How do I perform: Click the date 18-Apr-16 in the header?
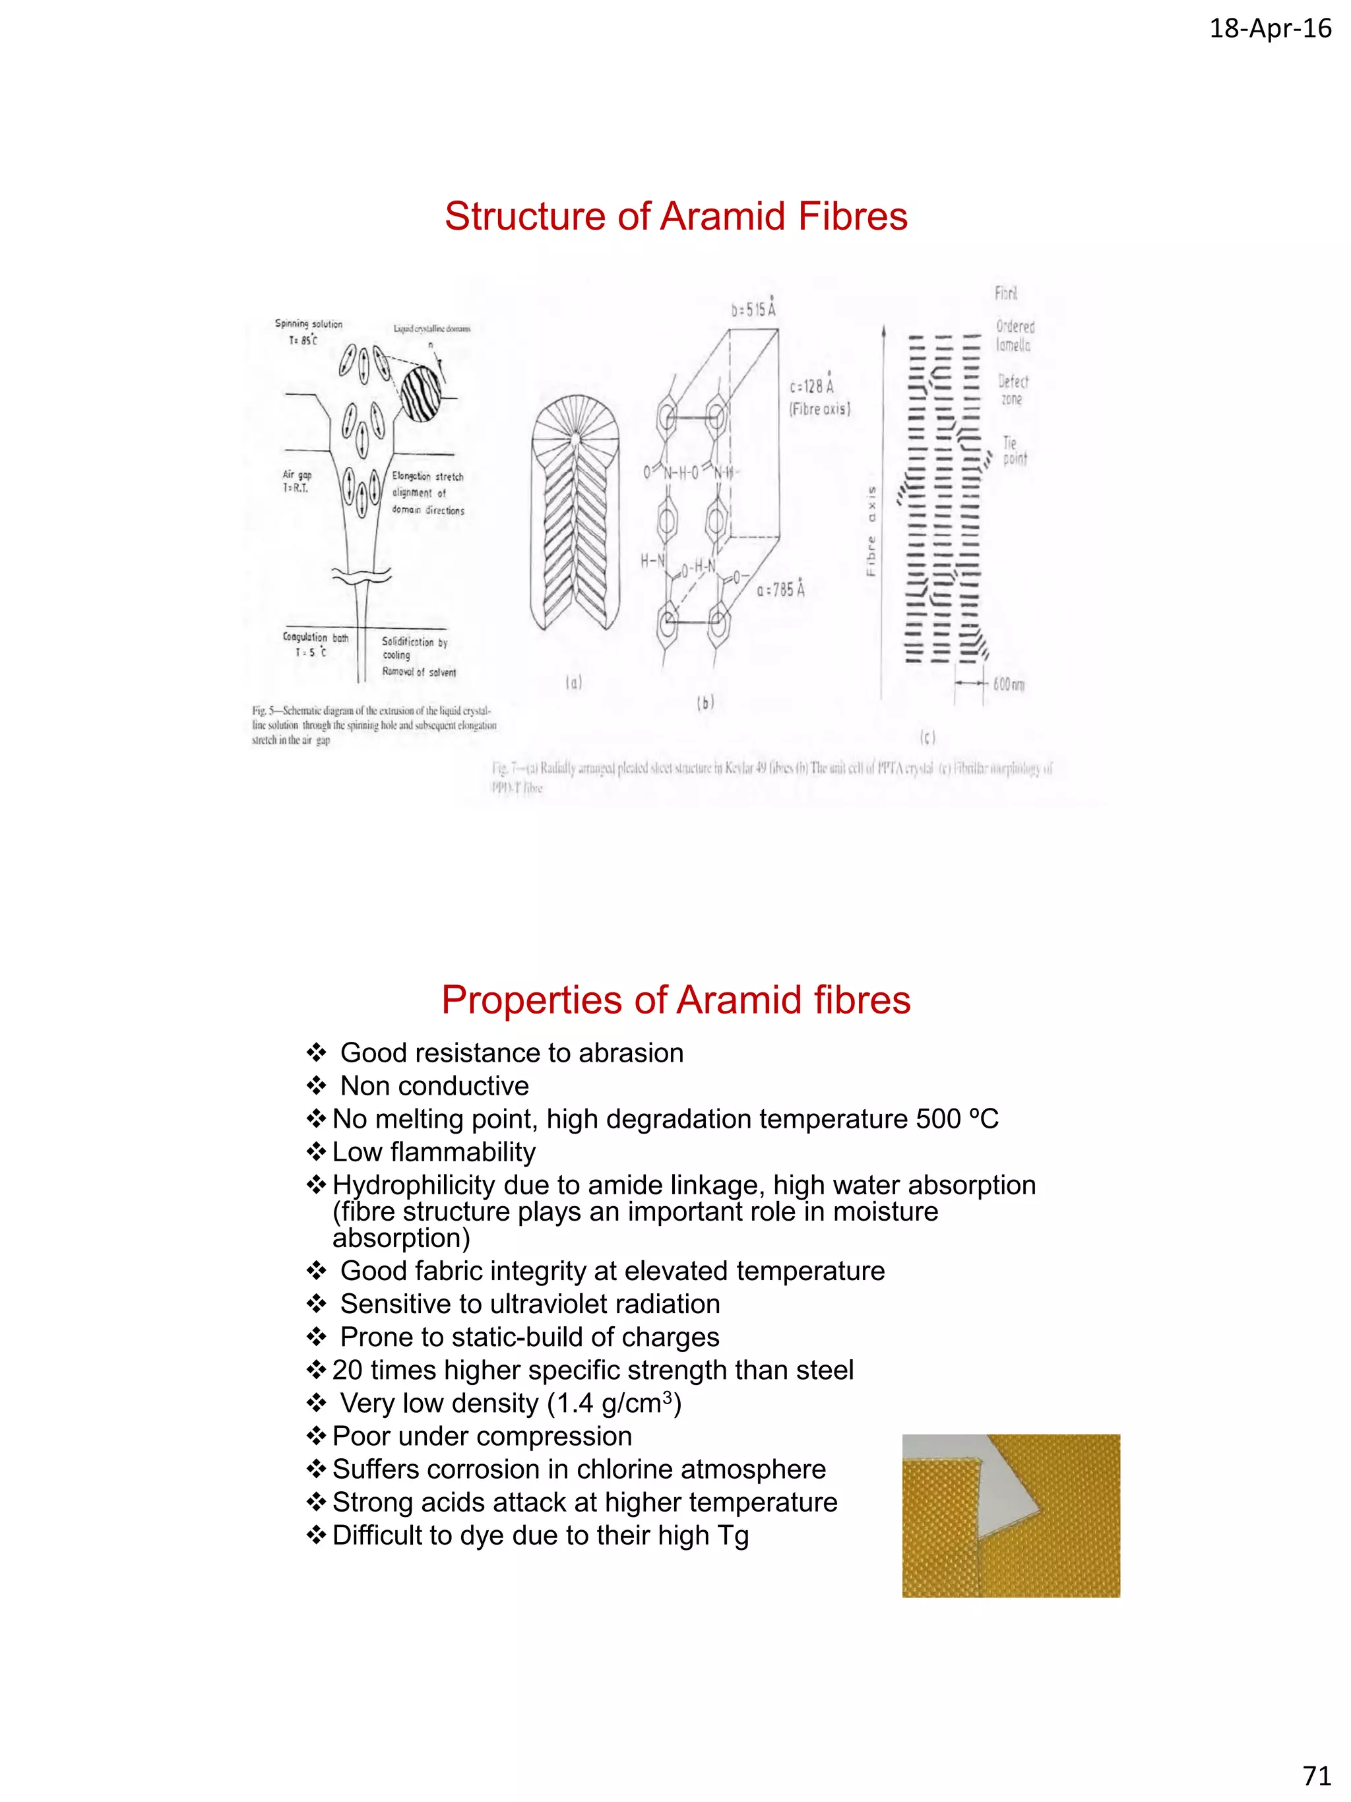(1270, 28)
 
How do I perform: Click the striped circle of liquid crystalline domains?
(421, 393)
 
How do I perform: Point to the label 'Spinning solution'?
(309, 323)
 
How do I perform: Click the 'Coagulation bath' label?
(315, 638)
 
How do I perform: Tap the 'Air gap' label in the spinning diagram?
(296, 475)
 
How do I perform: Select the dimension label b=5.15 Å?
(753, 309)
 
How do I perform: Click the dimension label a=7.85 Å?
(780, 589)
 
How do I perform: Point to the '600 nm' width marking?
(1008, 684)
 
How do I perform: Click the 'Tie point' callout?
(1014, 451)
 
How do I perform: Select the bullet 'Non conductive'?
(434, 1086)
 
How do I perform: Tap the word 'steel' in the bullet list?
(825, 1370)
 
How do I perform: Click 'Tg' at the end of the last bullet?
(732, 1535)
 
